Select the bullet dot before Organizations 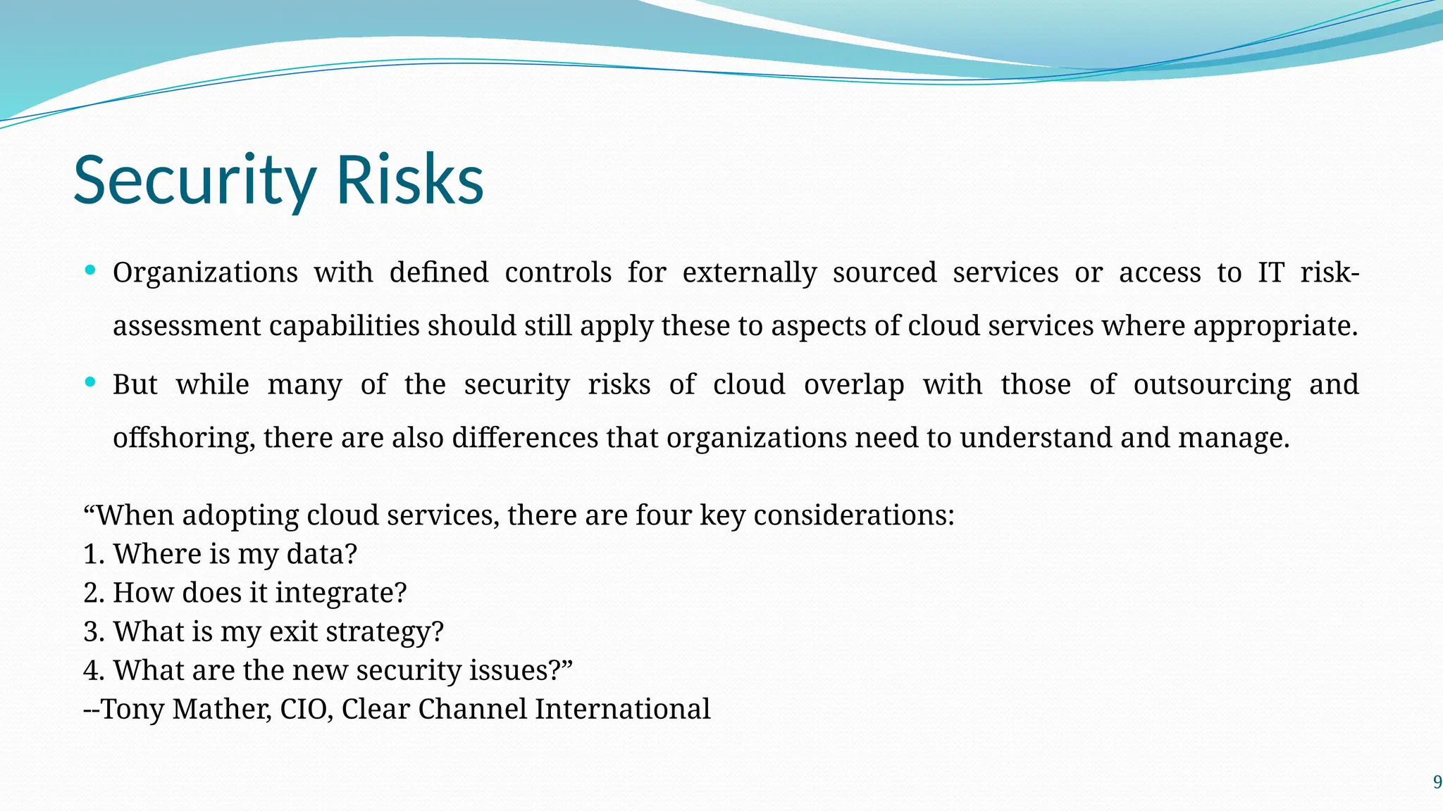coord(90,270)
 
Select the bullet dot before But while coord(90,382)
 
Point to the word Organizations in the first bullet coord(205,273)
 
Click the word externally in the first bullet coord(750,273)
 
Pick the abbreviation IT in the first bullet coord(1271,272)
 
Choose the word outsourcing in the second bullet coord(1212,385)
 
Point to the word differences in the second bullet coord(525,438)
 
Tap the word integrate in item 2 coord(340,593)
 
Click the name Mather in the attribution coord(221,709)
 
